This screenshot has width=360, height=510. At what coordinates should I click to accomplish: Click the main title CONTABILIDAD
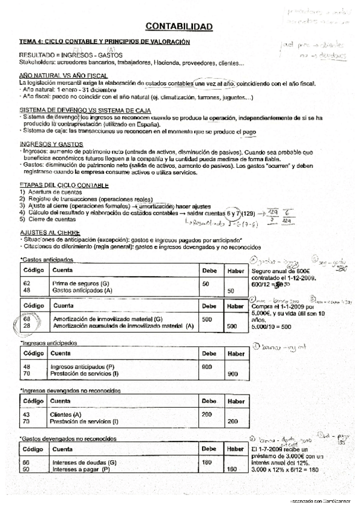coord(179,26)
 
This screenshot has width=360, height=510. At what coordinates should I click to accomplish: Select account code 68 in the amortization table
coord(26,319)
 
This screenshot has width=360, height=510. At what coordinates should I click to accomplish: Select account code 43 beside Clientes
coord(26,416)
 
